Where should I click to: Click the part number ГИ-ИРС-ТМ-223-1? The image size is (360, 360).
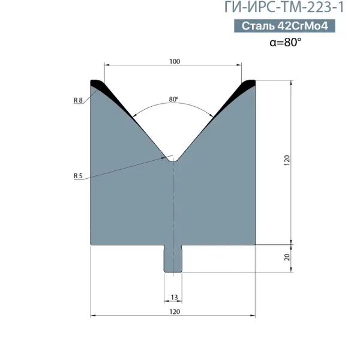(284, 7)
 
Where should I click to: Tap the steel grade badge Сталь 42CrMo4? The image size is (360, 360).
(284, 26)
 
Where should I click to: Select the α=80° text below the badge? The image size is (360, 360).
(286, 42)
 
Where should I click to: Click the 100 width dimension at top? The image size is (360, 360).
(175, 62)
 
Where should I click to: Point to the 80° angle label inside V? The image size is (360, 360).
(173, 99)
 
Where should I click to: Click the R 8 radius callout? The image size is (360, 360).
(78, 100)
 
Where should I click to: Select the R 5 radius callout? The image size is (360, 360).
(78, 176)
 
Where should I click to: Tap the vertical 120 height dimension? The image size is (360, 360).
(287, 160)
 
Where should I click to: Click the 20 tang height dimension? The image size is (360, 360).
(287, 257)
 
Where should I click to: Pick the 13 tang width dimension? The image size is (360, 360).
(174, 298)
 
